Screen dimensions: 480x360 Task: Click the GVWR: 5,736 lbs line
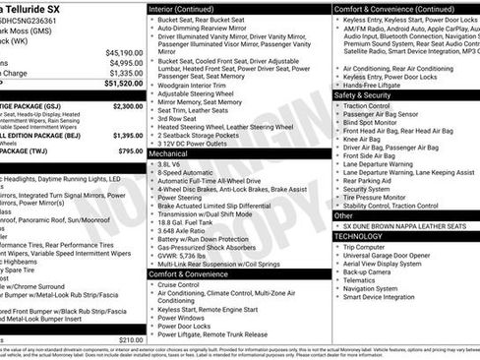[x=193, y=255]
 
